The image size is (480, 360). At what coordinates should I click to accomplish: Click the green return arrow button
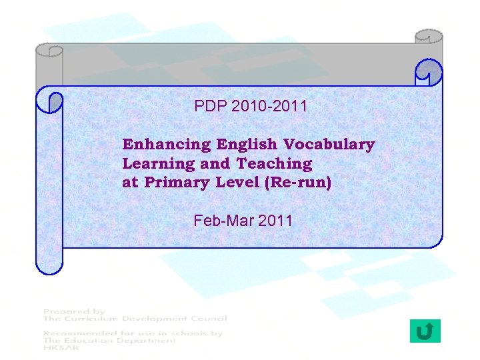(425, 331)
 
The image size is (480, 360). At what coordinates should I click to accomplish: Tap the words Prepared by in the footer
(74, 311)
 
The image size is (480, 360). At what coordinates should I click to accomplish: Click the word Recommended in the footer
(81, 333)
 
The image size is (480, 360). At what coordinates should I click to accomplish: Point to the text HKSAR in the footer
(59, 347)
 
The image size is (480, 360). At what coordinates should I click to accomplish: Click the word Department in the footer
(143, 340)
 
